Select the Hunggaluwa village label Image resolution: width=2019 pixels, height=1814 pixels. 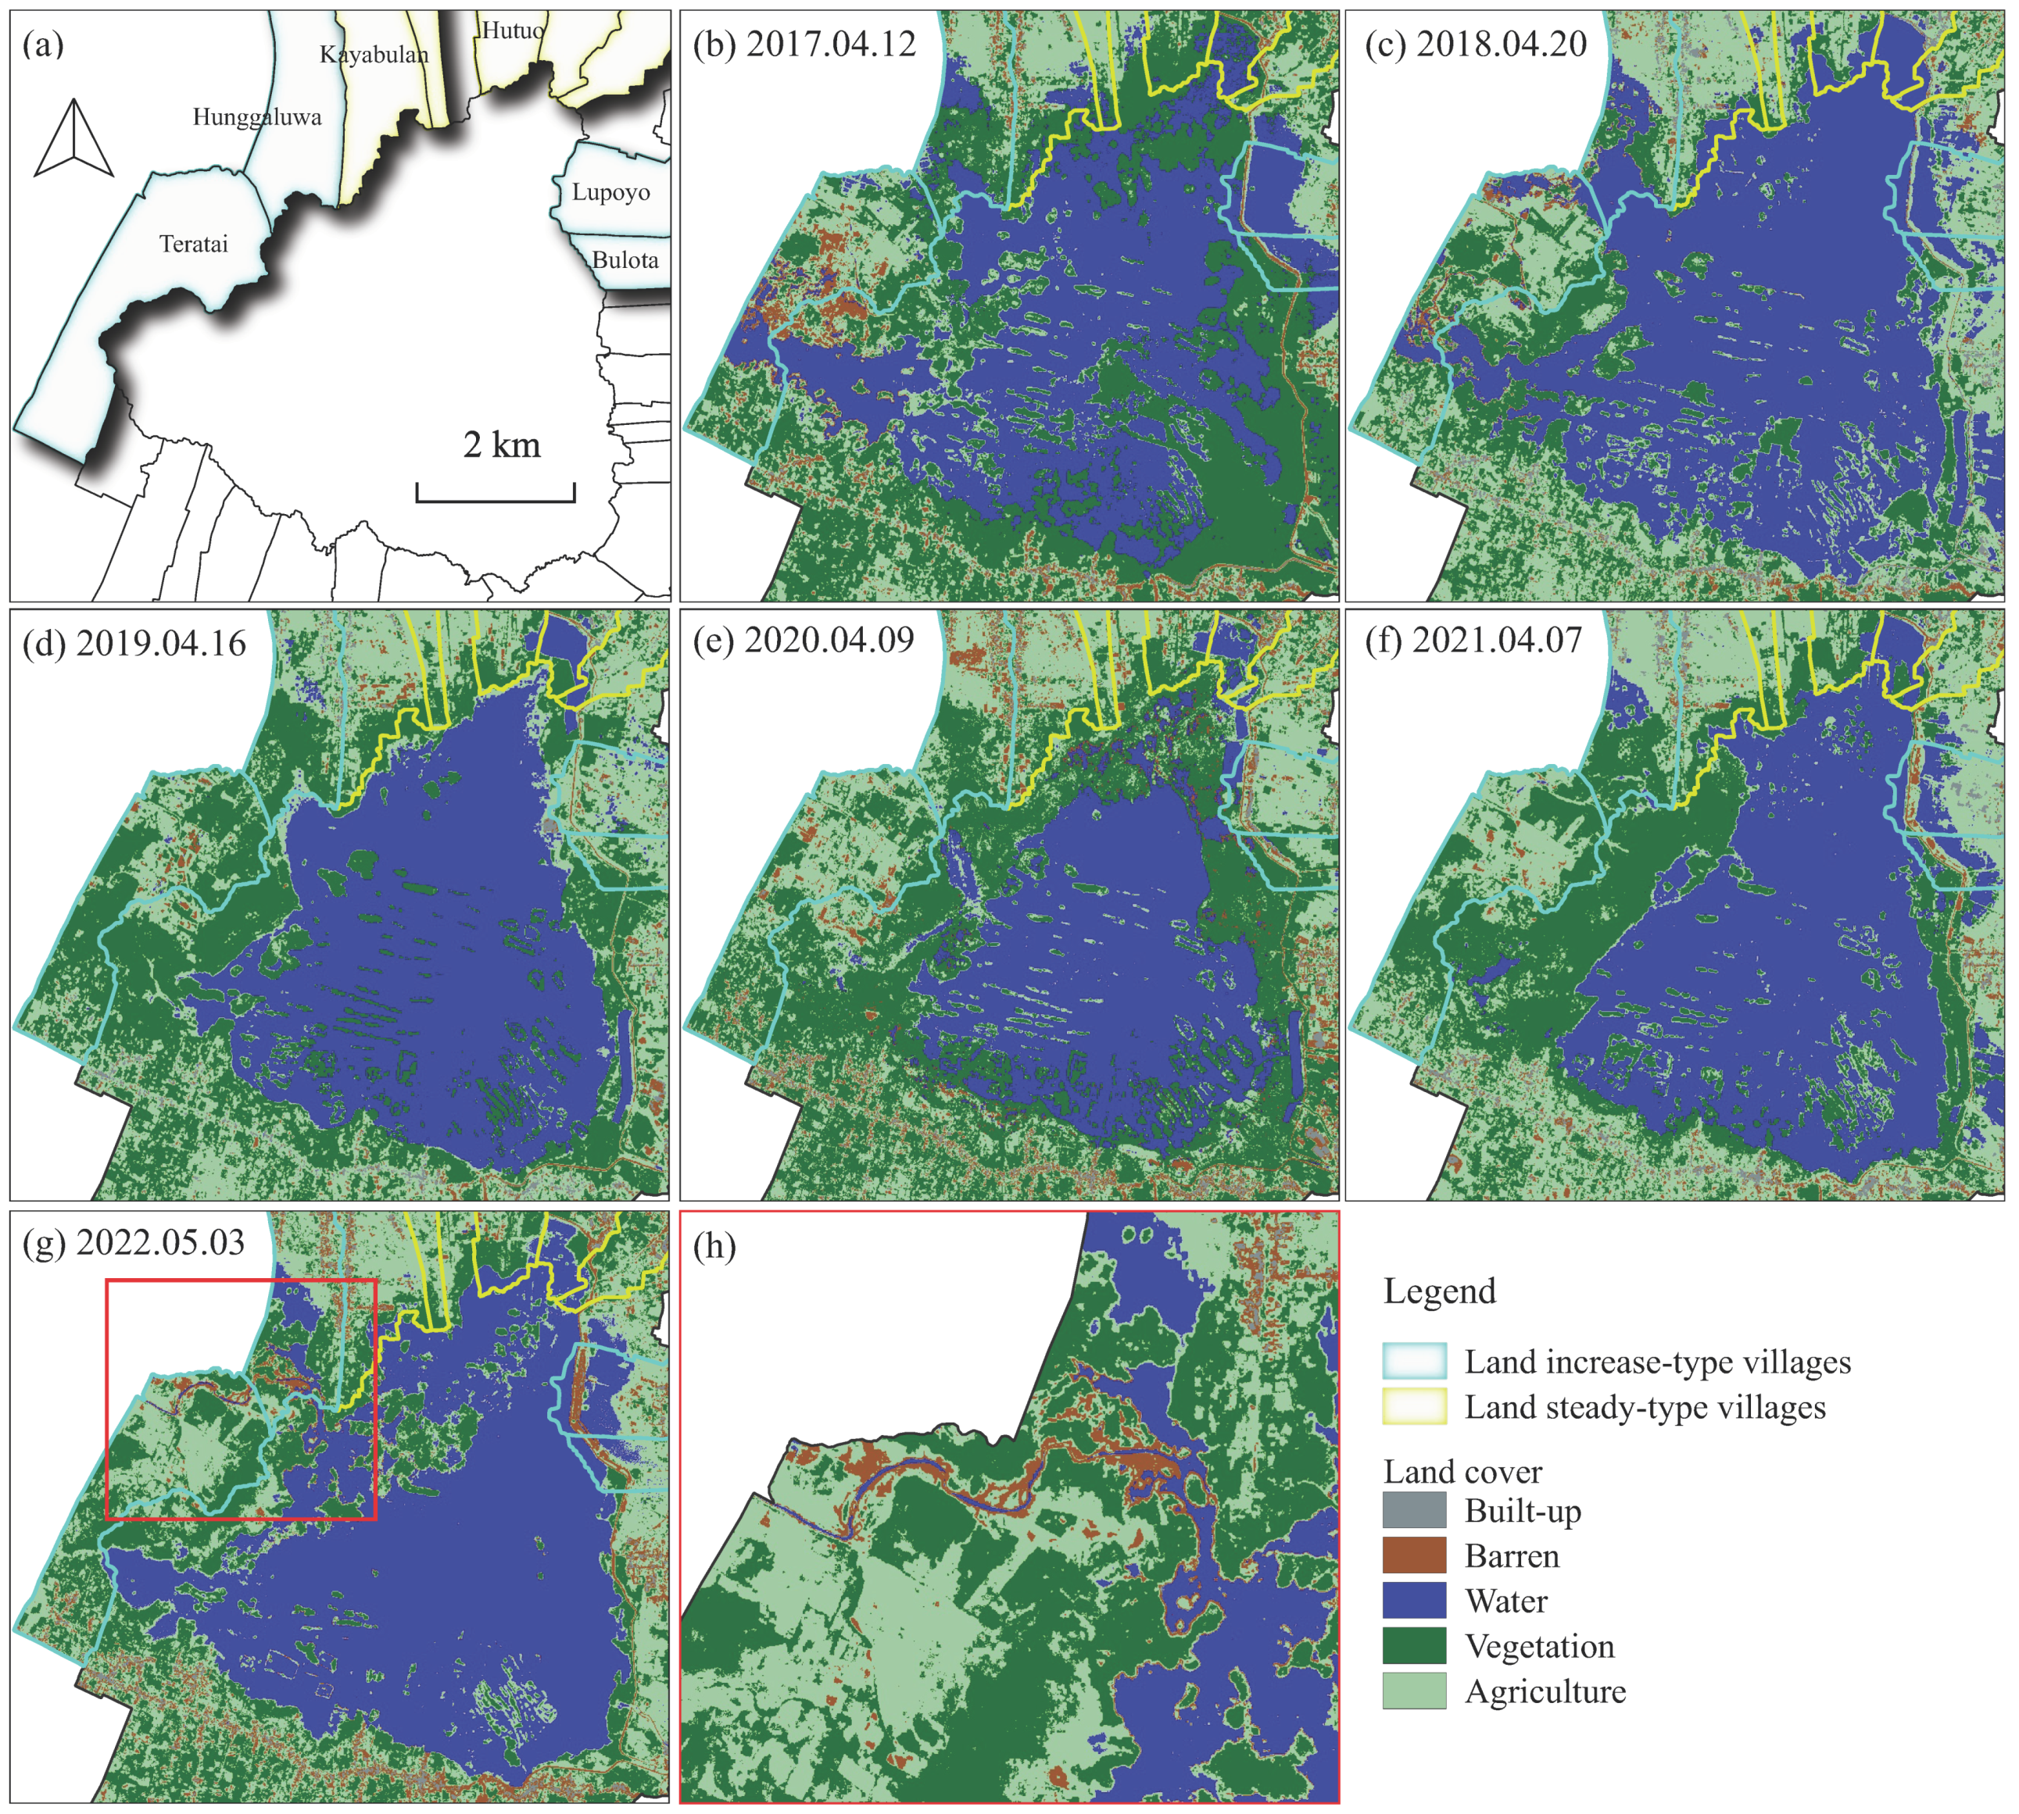click(257, 118)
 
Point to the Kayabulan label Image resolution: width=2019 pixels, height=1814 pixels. click(374, 55)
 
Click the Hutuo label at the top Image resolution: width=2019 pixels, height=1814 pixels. click(513, 31)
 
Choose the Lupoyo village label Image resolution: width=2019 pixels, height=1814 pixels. click(610, 192)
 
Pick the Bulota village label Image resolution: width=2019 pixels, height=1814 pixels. click(625, 260)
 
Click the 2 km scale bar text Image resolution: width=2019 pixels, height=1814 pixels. click(502, 445)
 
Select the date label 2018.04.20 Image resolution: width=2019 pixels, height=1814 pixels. click(1501, 45)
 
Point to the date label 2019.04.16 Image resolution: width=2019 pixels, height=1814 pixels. click(160, 644)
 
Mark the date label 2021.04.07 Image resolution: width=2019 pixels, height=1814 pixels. click(1497, 640)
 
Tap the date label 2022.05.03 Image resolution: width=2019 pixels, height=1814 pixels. click(160, 1243)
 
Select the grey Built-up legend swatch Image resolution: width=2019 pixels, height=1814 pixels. click(1414, 1511)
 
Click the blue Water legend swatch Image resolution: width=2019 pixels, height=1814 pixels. click(1414, 1601)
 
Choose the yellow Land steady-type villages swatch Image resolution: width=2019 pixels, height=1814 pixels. click(1414, 1406)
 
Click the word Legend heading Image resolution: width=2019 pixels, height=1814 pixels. click(1440, 1291)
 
